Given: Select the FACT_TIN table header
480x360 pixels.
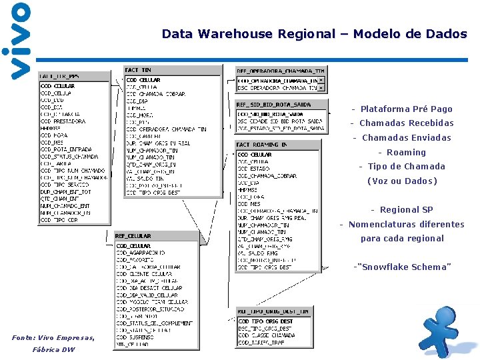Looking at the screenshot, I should (139, 70).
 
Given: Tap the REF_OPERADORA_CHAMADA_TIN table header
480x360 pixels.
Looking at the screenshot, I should (280, 70).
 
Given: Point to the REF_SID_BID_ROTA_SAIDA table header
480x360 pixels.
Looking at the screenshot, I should (273, 105).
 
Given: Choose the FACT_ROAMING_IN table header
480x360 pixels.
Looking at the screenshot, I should (262, 144).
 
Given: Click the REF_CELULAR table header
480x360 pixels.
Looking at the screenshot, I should (133, 236).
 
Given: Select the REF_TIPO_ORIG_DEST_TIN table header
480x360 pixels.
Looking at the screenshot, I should (273, 311).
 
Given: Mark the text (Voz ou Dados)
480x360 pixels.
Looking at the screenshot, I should (402, 181).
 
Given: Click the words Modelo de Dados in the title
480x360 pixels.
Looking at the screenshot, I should (410, 34).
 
